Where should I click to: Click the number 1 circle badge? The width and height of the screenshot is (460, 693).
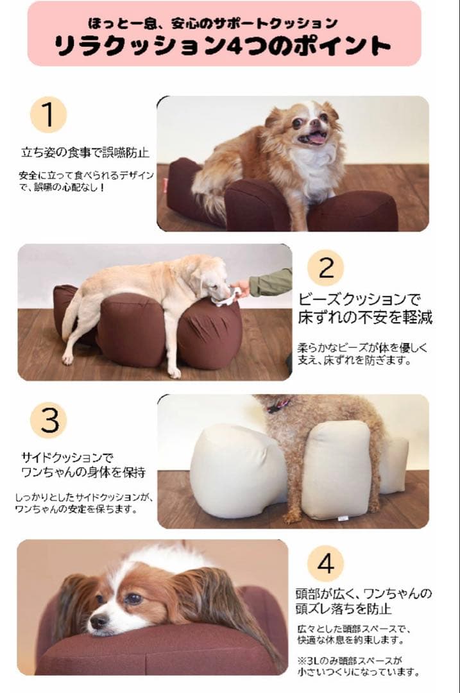(48, 115)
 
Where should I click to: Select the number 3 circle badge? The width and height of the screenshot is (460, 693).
(48, 420)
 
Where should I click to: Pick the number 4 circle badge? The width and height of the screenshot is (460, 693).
(325, 565)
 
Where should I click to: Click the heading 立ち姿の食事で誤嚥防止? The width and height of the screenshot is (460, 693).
(85, 153)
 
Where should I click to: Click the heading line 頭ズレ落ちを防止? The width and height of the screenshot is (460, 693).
(343, 608)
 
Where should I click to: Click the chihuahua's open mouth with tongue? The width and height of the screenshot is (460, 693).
(316, 138)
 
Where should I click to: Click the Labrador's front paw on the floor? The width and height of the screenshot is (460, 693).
(174, 372)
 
